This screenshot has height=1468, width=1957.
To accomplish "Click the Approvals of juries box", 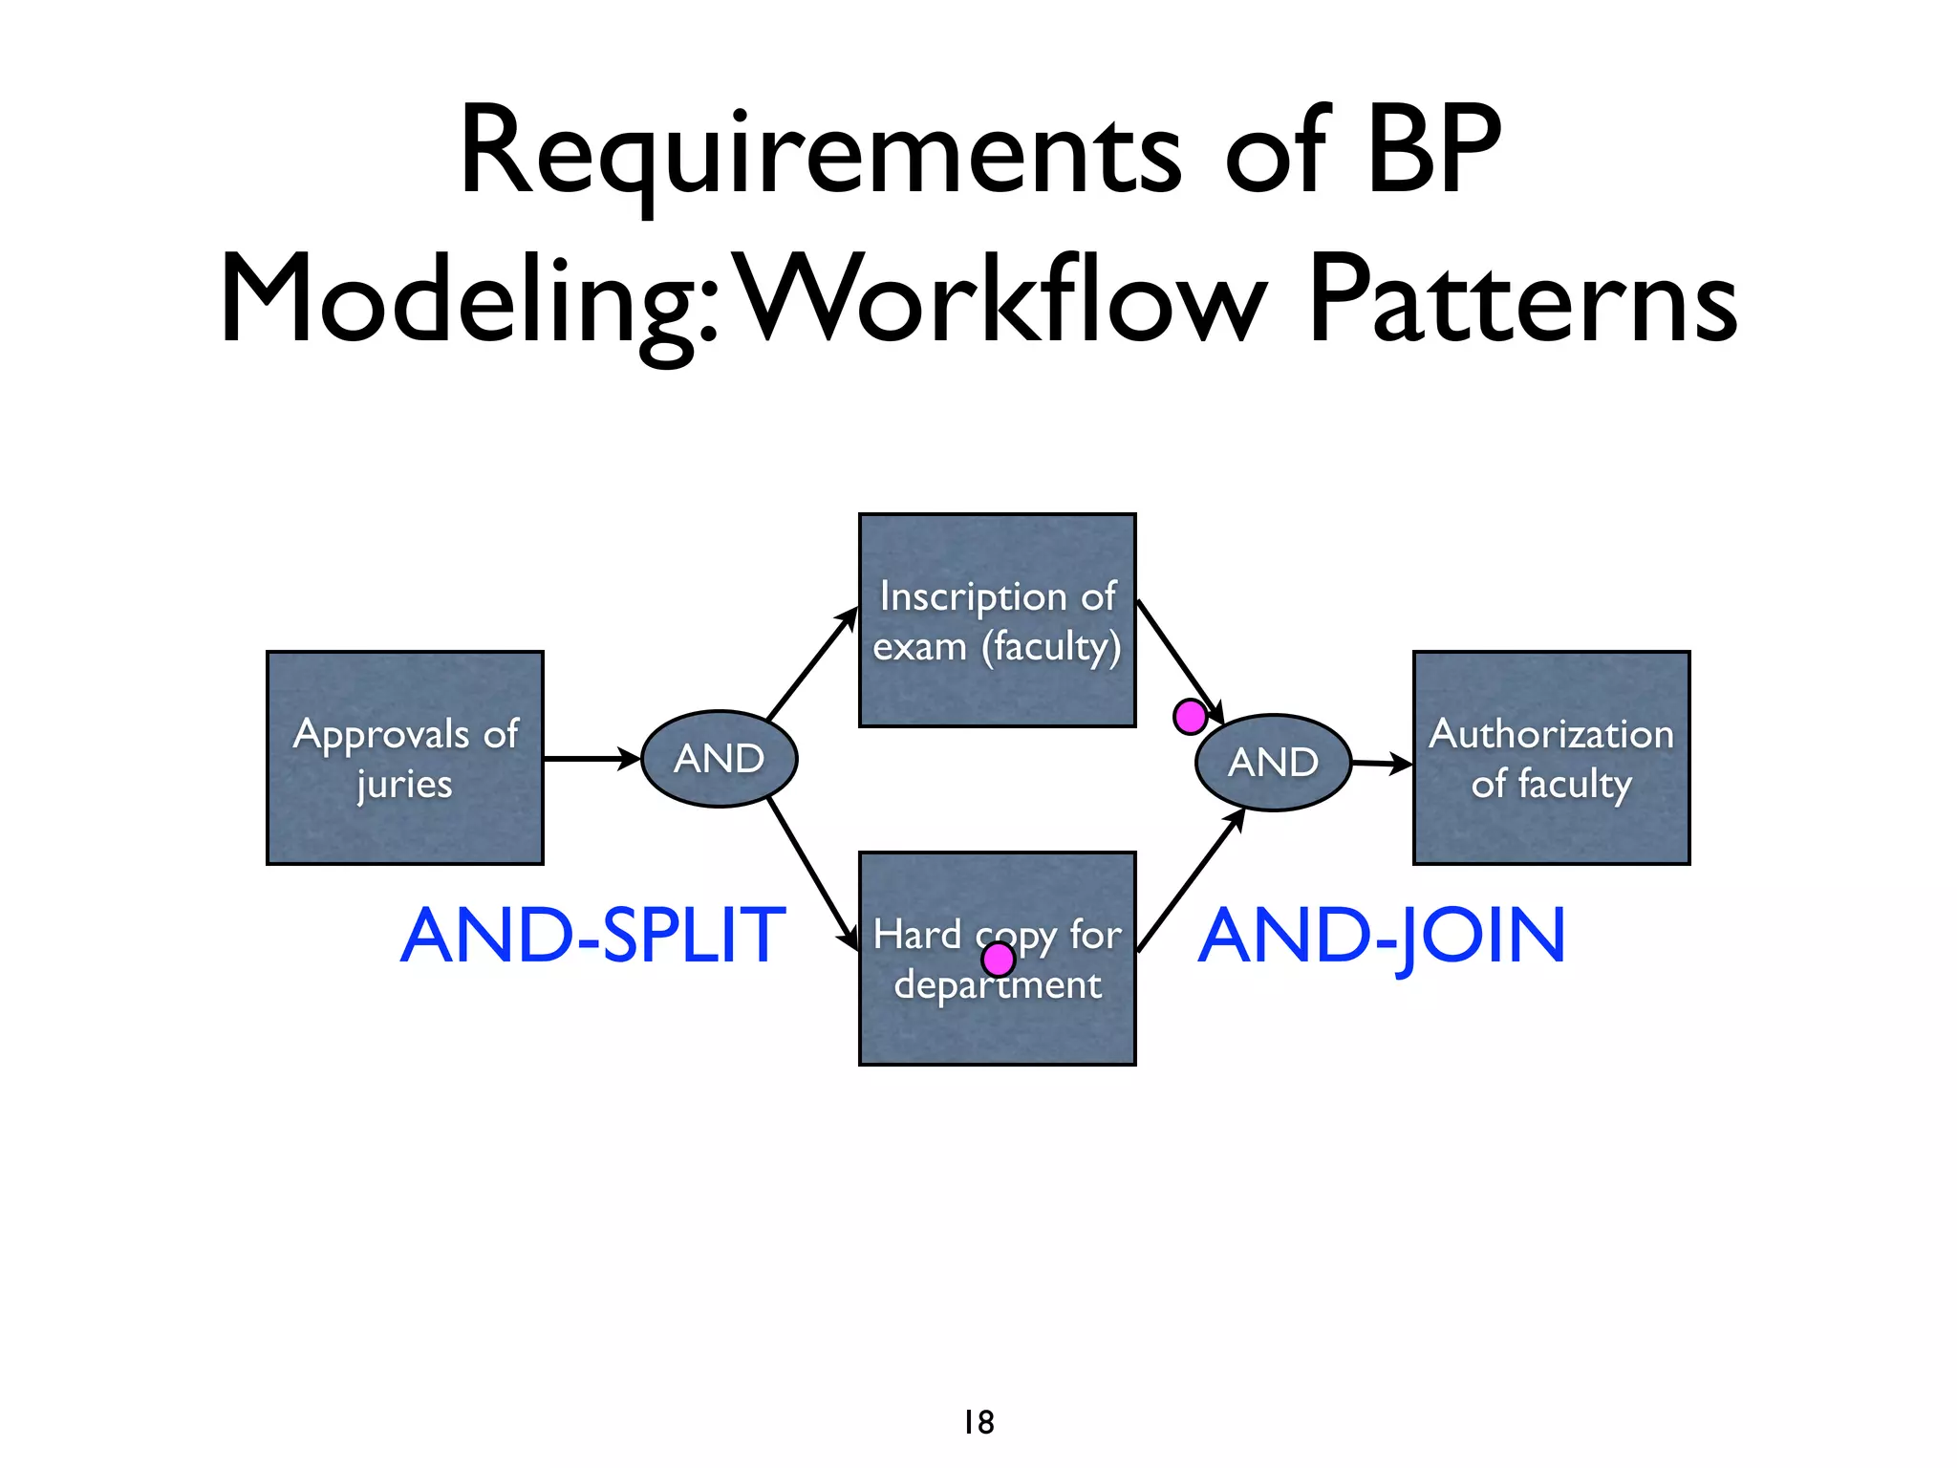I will tap(405, 758).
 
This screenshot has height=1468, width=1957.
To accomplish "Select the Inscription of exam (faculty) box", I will tap(997, 620).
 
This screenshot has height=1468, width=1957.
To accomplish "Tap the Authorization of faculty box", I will tap(1551, 758).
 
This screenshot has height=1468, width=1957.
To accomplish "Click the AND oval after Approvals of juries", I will tap(719, 759).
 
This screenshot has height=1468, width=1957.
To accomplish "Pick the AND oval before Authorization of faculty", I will tap(1273, 763).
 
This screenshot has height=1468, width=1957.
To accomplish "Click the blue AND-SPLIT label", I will tap(592, 936).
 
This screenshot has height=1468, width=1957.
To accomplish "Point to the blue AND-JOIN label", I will tap(1382, 938).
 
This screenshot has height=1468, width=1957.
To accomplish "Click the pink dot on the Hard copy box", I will tap(998, 959).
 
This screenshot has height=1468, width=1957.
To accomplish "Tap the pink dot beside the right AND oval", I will tap(1190, 717).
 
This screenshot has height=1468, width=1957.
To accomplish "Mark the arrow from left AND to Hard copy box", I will tap(812, 874).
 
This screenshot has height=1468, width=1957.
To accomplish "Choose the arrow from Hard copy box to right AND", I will tap(1191, 879).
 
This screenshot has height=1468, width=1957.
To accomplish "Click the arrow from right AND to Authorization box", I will tap(1382, 764).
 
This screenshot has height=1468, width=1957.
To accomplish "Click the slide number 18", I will tap(978, 1422).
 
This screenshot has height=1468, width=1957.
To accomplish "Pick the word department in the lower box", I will tap(998, 985).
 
